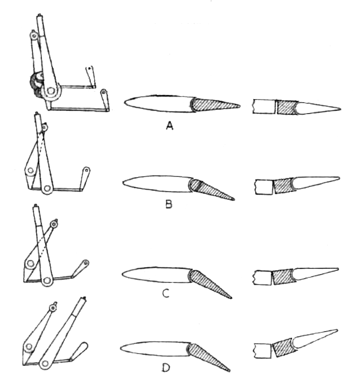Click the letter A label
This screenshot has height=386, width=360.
click(170, 126)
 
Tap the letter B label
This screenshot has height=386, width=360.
click(169, 204)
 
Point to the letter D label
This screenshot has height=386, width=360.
click(166, 368)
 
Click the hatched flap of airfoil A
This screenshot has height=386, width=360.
click(214, 105)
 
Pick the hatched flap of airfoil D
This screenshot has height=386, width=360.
click(207, 356)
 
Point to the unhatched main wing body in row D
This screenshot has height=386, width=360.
click(155, 349)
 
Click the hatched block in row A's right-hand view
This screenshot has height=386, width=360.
click(287, 107)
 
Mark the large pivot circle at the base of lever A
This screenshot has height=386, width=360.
click(51, 91)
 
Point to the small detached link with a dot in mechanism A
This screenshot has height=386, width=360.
click(90, 76)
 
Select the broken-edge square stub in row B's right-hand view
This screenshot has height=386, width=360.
click(264, 187)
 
